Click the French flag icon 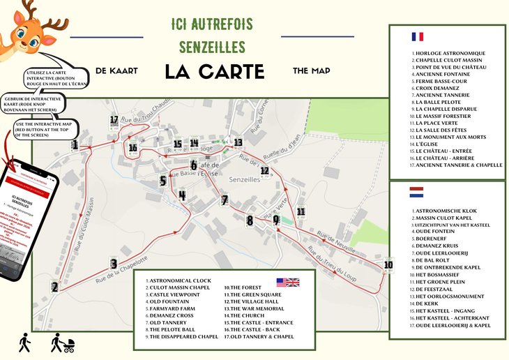pyautogui.click(x=418, y=37)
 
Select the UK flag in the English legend pyautogui.click(x=287, y=283)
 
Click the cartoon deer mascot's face pyautogui.click(x=26, y=34)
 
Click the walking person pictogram pyautogui.click(x=25, y=342)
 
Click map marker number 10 pyautogui.click(x=388, y=265)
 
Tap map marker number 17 pyautogui.click(x=114, y=120)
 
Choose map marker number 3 pyautogui.click(x=113, y=264)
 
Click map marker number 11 pyautogui.click(x=301, y=211)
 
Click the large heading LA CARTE pyautogui.click(x=214, y=71)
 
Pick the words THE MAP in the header pyautogui.click(x=311, y=70)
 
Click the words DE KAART pyautogui.click(x=116, y=71)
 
